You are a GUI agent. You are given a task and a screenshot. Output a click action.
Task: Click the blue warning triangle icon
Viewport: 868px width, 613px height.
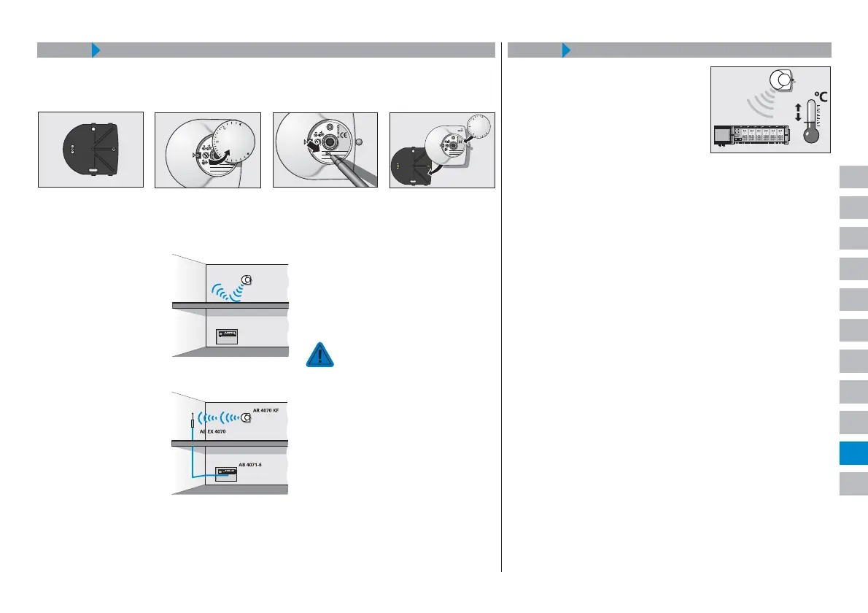319,354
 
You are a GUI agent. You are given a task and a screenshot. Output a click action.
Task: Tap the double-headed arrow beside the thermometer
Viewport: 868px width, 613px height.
797,112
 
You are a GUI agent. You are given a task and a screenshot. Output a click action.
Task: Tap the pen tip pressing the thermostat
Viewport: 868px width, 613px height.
330,155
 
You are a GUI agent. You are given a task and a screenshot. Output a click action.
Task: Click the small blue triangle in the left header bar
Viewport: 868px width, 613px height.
96,50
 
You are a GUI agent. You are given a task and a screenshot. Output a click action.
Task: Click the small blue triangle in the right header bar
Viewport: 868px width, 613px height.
566,50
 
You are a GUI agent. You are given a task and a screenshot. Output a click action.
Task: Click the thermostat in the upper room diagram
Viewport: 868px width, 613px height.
247,279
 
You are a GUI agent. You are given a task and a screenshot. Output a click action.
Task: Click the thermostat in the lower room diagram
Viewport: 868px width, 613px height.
247,418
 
